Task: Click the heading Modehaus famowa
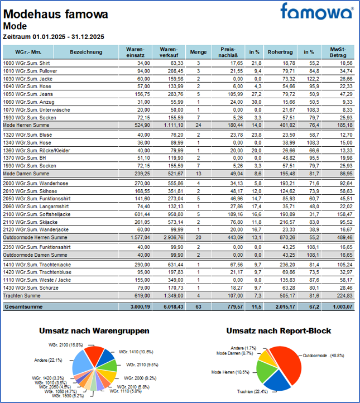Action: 56,14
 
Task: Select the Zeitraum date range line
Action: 54,36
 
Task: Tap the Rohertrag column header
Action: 281,52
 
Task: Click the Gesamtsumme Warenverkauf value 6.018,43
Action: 164,306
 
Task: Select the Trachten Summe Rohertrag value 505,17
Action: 284,295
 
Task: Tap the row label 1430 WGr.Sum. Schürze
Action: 28,287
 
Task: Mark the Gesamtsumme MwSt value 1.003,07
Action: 338,306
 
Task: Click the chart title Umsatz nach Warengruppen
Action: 94,331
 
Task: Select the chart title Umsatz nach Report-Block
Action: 279,331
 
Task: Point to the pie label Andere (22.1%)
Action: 49,360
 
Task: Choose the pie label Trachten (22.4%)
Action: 249,391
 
